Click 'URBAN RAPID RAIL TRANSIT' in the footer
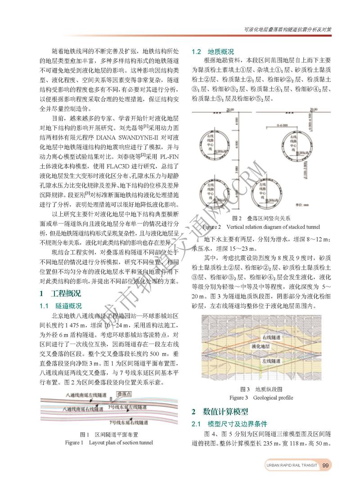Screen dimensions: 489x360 point(291,466)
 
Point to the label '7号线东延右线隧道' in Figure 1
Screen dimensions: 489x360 point(130,423)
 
